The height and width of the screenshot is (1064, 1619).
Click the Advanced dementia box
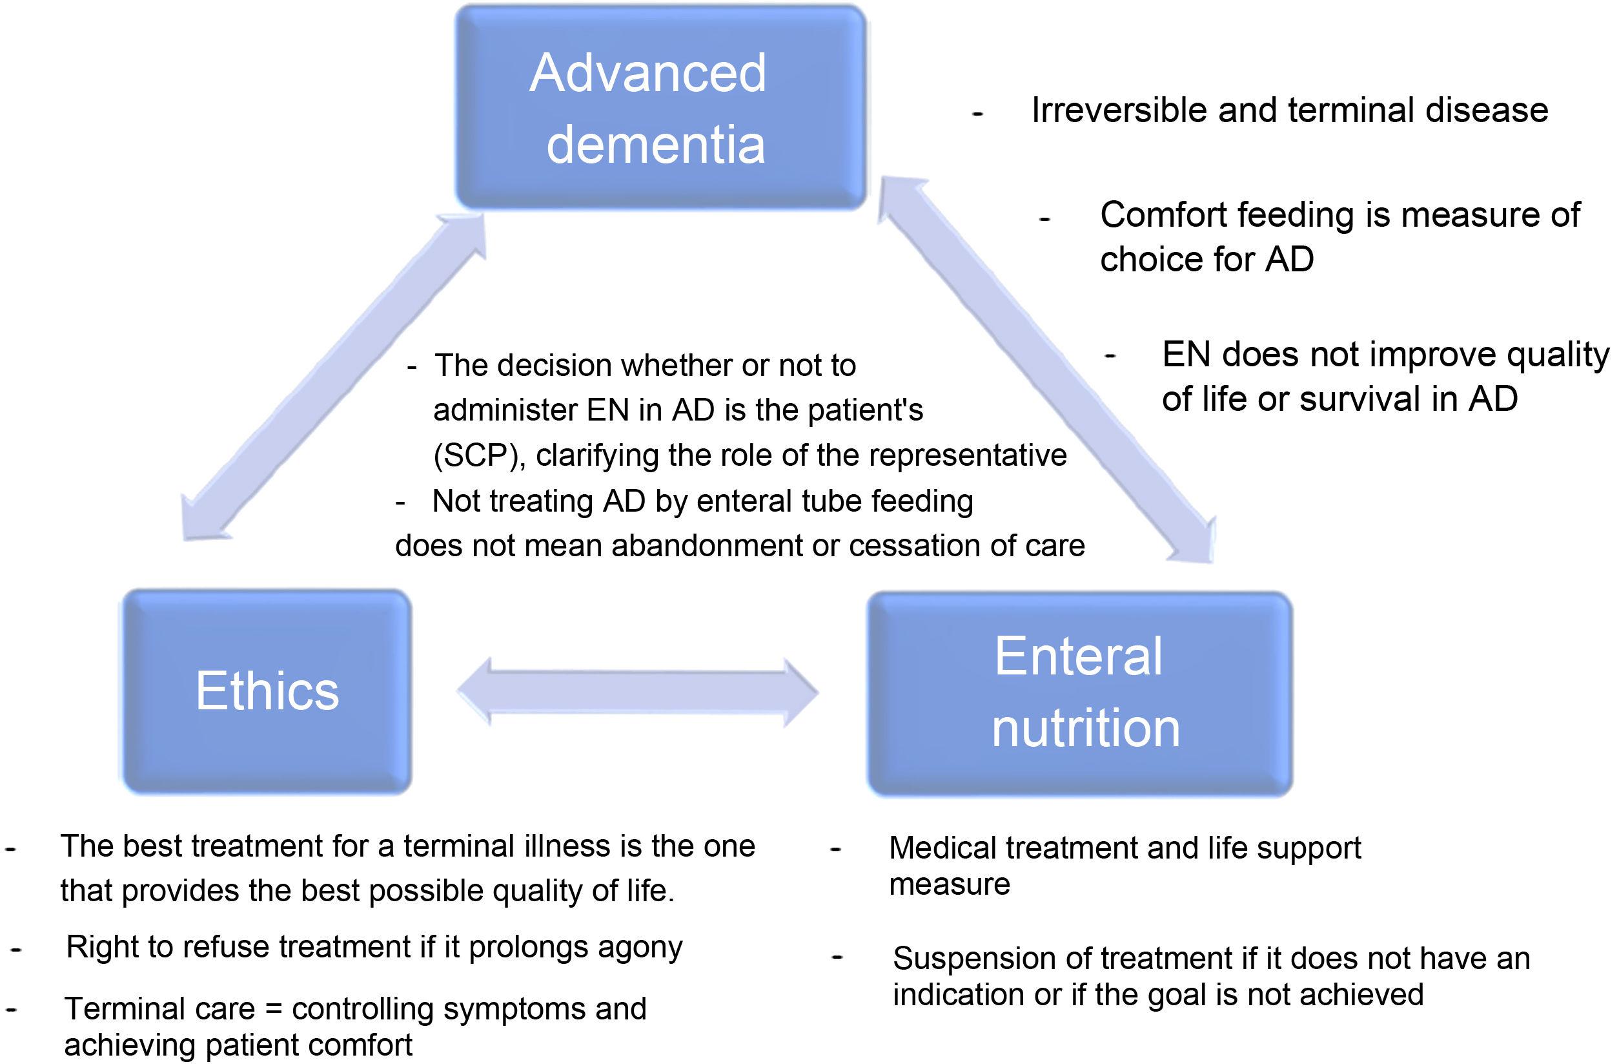coord(660,107)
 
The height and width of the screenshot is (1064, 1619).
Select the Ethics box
coord(267,691)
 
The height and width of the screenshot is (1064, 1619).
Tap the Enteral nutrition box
coord(1079,693)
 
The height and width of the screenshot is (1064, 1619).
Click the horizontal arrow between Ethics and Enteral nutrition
coord(637,692)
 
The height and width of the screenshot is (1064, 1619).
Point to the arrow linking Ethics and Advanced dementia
coord(333,378)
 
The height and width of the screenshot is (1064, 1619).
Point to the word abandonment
coord(721,546)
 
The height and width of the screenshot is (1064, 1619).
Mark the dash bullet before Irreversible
coord(977,114)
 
